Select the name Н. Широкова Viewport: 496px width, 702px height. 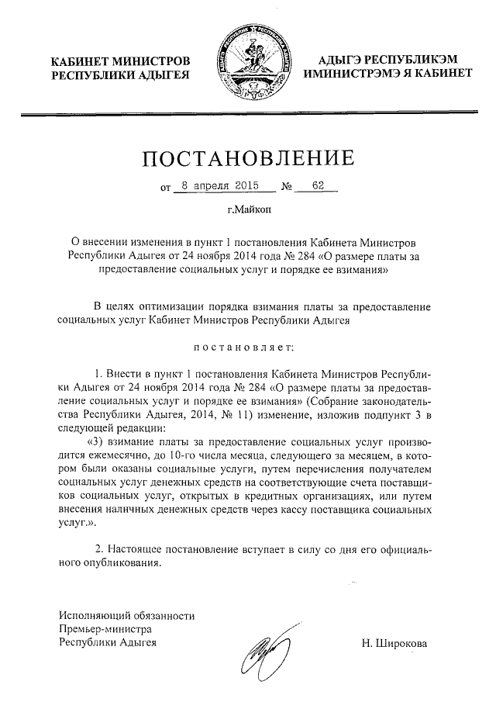click(394, 643)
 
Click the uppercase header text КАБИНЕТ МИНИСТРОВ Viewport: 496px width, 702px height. click(120, 60)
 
